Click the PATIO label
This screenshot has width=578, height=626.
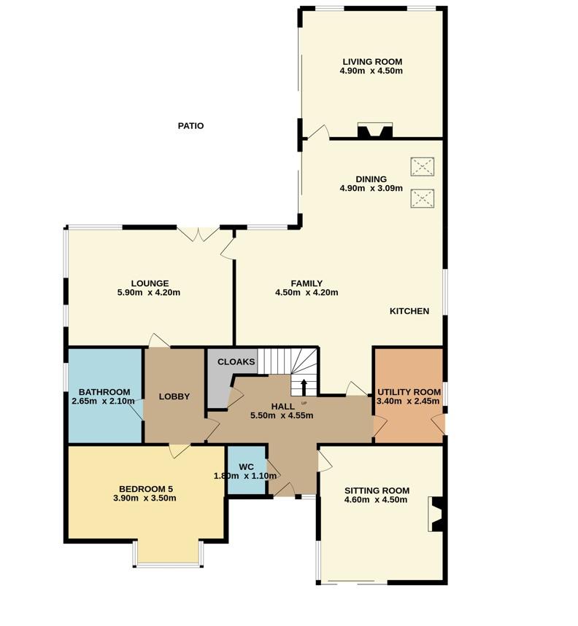coord(190,126)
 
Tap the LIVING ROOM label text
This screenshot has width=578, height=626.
coord(371,61)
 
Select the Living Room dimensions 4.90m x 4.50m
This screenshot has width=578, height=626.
coord(371,71)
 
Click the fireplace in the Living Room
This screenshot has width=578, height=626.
coord(375,131)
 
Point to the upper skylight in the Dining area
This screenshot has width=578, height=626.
coord(421,167)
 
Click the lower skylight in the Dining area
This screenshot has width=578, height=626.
coord(421,198)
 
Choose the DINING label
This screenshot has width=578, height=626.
coord(371,179)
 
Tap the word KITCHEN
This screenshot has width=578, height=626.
coord(409,311)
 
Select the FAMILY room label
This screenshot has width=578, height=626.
coord(307,283)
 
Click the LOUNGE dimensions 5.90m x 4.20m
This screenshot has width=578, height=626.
coord(149,293)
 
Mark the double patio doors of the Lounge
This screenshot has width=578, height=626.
coord(199,234)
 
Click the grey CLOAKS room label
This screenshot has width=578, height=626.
coord(236,362)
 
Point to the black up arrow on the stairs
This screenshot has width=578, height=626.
coord(304,386)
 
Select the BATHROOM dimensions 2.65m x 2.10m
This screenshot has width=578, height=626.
coord(104,402)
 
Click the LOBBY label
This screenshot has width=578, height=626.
coord(174,396)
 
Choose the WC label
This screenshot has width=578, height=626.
coord(246,466)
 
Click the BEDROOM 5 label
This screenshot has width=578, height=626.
coord(146,489)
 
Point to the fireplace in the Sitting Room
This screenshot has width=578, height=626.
coord(436,515)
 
